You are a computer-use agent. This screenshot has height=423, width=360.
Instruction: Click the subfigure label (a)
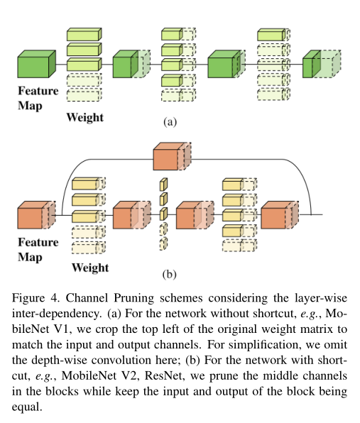pos(170,122)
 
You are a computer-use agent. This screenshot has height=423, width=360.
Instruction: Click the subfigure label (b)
pos(170,274)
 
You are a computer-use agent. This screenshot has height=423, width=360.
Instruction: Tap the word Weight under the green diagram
pos(85,118)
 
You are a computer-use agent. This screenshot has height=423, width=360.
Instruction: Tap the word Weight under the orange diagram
pos(90,268)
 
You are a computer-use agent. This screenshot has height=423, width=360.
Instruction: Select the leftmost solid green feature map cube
pos(37,64)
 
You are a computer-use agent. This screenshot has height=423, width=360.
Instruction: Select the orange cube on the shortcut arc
pos(172,156)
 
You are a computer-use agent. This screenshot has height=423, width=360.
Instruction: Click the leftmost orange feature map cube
pos(37,215)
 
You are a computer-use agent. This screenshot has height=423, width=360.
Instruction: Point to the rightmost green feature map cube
pos(322,64)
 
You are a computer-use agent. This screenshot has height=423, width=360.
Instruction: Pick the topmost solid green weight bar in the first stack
pos(84,34)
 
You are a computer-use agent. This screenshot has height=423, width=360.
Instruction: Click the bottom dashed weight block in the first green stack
pos(84,94)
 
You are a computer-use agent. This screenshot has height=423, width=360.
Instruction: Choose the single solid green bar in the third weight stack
pos(273,35)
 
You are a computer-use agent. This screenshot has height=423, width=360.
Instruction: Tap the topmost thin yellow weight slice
pos(163,185)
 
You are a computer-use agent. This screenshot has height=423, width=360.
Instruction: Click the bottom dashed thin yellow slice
pos(163,243)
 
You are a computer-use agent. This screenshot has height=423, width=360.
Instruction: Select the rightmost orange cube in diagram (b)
pos(280,215)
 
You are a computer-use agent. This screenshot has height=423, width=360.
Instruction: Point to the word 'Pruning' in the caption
pos(134,298)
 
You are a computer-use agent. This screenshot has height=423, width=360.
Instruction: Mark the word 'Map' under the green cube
pos(30,106)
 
